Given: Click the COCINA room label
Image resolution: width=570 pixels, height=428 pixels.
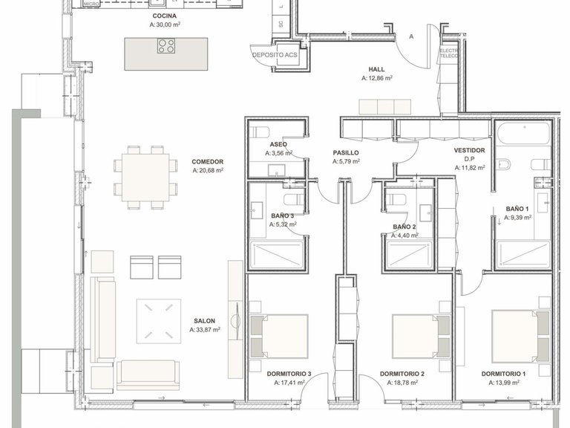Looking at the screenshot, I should click(164, 16).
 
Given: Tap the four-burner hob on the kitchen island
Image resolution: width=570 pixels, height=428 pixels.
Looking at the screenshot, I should click(166, 47).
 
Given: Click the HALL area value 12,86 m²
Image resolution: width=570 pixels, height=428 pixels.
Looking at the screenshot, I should click(377, 77).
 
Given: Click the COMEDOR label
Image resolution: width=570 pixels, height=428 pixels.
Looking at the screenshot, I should click(207, 161).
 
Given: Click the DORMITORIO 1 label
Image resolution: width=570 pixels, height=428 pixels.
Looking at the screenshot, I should click(503, 373).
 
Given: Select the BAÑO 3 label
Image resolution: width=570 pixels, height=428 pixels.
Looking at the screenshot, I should click(284, 215).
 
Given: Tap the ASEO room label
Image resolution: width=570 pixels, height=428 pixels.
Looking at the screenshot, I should click(278, 144).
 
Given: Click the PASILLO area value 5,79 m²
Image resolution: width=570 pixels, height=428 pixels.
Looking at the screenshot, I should click(345, 161).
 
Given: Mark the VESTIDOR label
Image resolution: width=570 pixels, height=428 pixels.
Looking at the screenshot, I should click(469, 150).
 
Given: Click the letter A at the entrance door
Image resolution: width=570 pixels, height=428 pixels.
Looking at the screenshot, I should click(411, 36).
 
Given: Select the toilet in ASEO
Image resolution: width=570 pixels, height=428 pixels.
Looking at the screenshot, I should click(260, 134).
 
